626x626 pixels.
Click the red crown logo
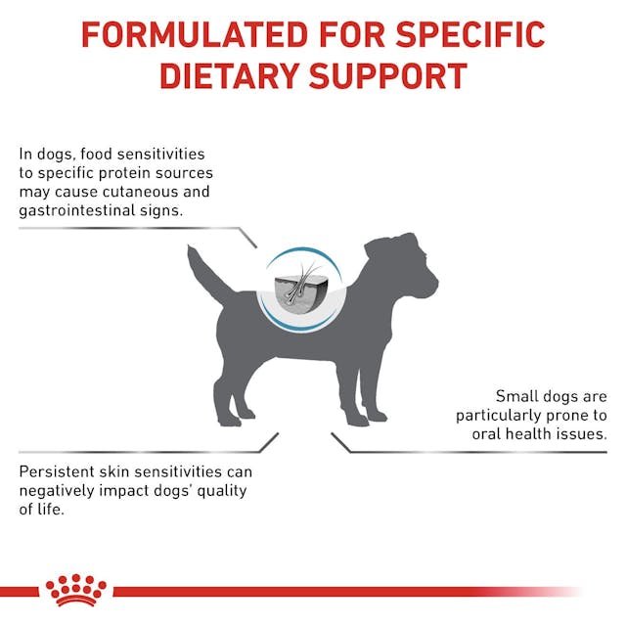click(x=75, y=589)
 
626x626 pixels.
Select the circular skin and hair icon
click(x=299, y=287)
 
